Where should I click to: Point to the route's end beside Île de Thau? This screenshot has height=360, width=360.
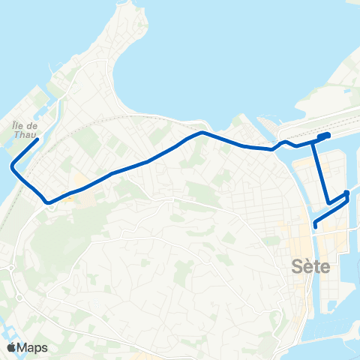pos(37,139)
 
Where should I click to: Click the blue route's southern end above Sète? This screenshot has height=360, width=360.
pos(315,226)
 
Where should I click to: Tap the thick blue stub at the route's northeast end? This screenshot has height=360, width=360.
pos(324,136)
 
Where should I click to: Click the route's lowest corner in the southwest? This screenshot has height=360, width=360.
pos(48,202)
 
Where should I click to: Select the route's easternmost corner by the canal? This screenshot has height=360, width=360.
pos(346,194)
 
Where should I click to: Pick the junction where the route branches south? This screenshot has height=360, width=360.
pos(313,142)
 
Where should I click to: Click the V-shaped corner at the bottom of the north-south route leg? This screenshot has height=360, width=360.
pos(328,202)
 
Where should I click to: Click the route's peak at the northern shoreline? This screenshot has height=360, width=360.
pos(202,133)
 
